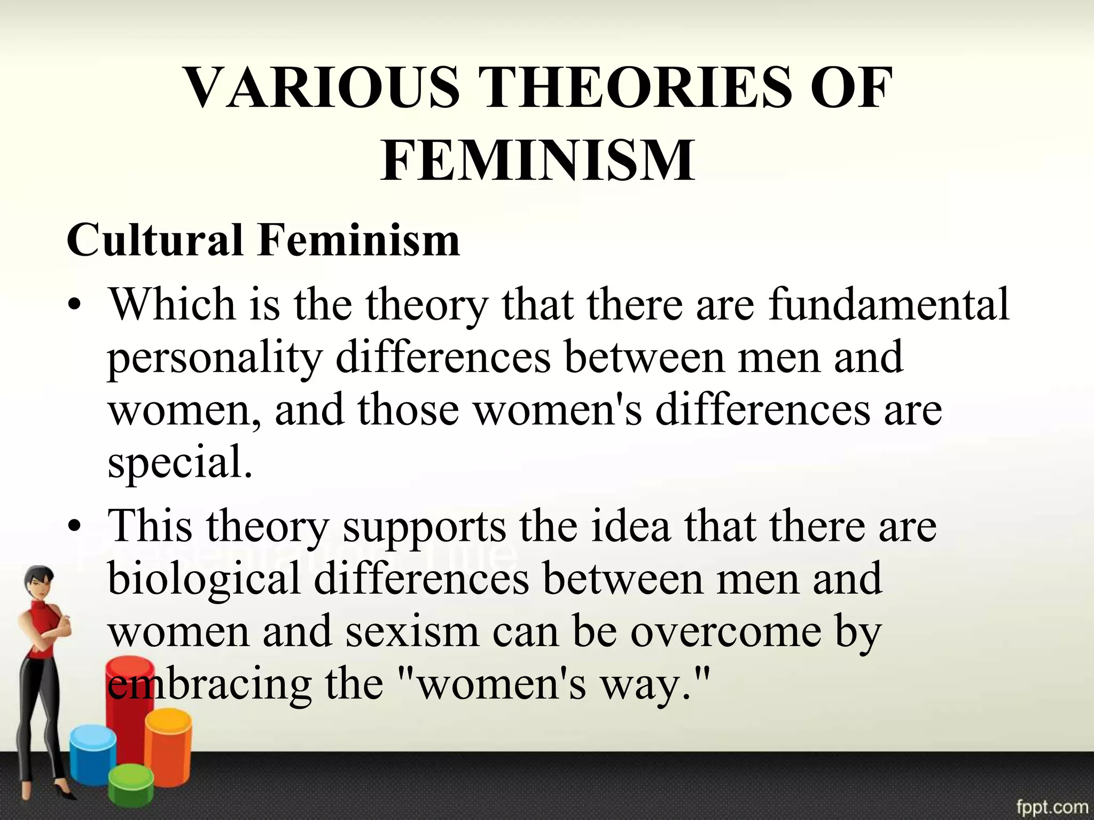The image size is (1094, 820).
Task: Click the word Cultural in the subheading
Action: coord(155,240)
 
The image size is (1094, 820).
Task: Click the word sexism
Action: coord(412,632)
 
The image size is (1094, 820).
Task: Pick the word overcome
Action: coord(726,632)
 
